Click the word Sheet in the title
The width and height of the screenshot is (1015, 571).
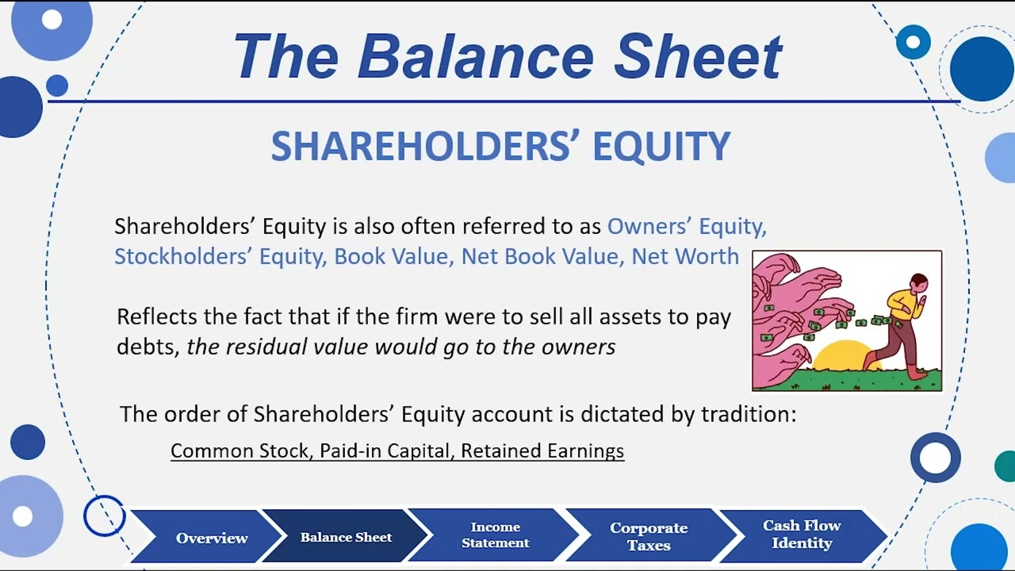click(698, 57)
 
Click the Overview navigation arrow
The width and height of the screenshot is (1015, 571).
click(212, 538)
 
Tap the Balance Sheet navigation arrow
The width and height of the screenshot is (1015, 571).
click(346, 537)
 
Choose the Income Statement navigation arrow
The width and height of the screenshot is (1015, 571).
click(495, 535)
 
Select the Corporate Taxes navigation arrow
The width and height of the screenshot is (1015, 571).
click(648, 536)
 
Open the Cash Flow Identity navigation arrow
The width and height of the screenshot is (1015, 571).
click(802, 535)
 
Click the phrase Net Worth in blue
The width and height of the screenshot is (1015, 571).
click(685, 256)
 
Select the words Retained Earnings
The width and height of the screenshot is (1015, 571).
click(542, 450)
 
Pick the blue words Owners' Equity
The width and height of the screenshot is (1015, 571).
click(687, 226)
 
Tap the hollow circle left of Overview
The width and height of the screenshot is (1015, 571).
click(105, 516)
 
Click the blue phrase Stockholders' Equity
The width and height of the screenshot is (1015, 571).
click(219, 256)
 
